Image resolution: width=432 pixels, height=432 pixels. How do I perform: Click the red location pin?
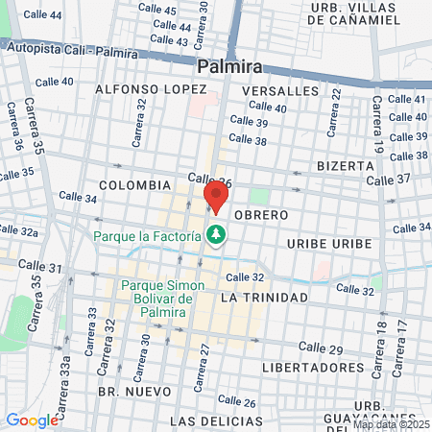[x=216, y=197]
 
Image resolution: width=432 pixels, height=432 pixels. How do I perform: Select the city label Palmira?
[x=229, y=67]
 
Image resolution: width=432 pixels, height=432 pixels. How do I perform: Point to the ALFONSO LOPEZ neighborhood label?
[x=137, y=89]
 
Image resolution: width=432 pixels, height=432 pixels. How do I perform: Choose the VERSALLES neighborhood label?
[x=281, y=90]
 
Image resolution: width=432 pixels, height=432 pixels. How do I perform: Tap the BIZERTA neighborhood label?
[x=344, y=165]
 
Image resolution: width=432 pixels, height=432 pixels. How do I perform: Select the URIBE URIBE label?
[x=329, y=244]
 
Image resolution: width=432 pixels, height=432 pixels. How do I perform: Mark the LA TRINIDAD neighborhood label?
[x=264, y=299]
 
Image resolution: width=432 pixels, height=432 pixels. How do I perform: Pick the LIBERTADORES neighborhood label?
[x=306, y=368]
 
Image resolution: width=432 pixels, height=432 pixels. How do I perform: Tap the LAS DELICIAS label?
[x=215, y=421]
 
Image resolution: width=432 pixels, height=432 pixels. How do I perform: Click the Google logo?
[x=32, y=420]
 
